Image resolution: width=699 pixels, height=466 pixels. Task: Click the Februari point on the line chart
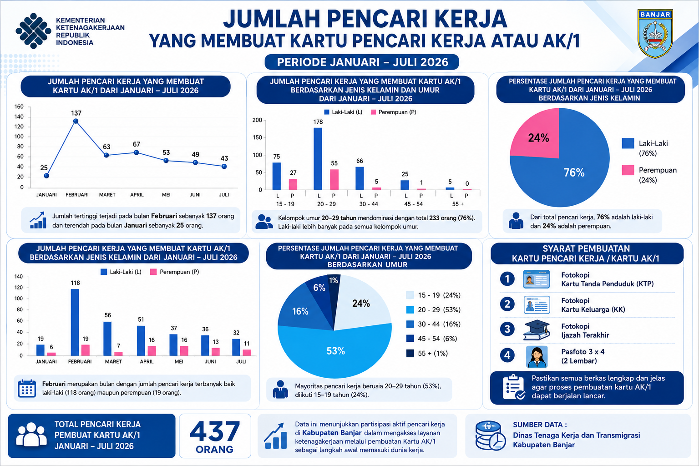coord(76,121)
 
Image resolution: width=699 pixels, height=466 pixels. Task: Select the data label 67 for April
coord(137,144)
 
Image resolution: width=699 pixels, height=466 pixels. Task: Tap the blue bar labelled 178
coord(318,158)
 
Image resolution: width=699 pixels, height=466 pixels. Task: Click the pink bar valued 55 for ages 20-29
coord(334,179)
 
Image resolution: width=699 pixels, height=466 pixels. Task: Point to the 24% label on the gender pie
coord(539,137)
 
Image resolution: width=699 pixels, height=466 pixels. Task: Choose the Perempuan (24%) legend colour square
coord(628,170)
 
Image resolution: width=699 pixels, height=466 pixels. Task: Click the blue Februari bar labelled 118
coord(75,322)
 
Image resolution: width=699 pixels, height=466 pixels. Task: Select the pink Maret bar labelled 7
coord(118,354)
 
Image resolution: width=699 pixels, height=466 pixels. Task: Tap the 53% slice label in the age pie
coord(336,351)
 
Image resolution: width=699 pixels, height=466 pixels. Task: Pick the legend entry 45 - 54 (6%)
coord(432,339)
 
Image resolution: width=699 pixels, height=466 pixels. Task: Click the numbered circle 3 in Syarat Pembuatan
coord(507,329)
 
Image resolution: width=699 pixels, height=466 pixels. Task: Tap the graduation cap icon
coord(536,330)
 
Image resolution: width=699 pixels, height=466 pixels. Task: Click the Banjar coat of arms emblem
coord(655,34)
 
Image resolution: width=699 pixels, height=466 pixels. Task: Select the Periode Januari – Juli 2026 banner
coord(362,62)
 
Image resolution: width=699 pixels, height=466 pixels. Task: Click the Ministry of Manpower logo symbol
coord(33,31)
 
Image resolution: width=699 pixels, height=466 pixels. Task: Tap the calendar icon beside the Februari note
coord(27,389)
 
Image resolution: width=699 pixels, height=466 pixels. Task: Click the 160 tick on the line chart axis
coord(19,107)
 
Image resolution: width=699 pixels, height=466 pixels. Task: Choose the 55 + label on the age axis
coord(458,204)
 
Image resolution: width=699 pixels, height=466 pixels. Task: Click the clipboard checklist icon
coord(513,387)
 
